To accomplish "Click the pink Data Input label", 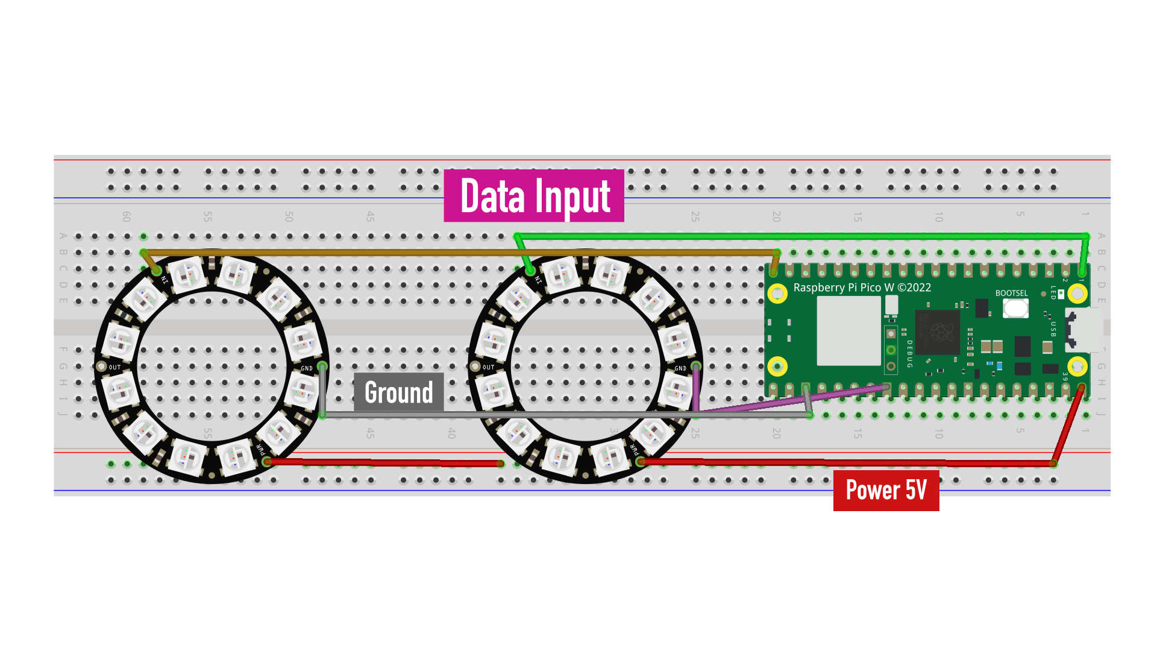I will [x=534, y=196].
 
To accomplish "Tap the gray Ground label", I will [x=398, y=392].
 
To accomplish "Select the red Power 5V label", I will [x=886, y=490].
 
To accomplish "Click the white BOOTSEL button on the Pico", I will [x=1015, y=308].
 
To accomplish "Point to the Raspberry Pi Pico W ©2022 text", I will [x=862, y=288].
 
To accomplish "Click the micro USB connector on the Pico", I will [x=1085, y=330].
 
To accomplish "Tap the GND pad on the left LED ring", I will [x=322, y=366].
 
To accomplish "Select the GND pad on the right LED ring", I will [x=696, y=366].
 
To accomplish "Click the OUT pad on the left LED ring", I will [x=102, y=366].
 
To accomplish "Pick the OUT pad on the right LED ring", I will [x=475, y=366].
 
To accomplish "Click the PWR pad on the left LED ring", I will [x=267, y=461].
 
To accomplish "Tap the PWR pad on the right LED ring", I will [x=641, y=461].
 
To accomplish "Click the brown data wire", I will [x=458, y=253].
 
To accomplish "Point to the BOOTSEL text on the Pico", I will [x=1011, y=294].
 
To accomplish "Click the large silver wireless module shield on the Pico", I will [x=848, y=331].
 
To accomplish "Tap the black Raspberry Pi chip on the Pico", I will [x=937, y=332].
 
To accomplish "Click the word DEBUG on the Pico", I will [x=909, y=354].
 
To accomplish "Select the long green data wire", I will [x=801, y=236].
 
